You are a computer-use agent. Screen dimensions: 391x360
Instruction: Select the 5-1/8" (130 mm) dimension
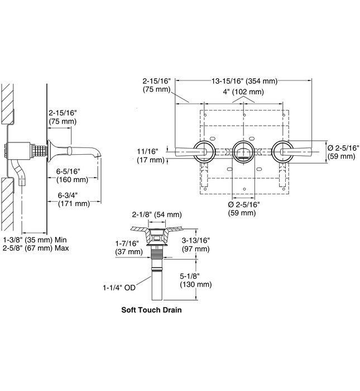tap(195, 280)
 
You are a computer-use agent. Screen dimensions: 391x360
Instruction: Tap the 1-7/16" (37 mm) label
tap(126, 247)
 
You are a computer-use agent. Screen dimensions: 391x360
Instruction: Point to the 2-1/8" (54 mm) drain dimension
tap(157, 214)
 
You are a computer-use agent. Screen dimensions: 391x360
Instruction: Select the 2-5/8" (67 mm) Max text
tap(36, 248)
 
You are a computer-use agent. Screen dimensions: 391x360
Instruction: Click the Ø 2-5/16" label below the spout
tap(243, 208)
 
